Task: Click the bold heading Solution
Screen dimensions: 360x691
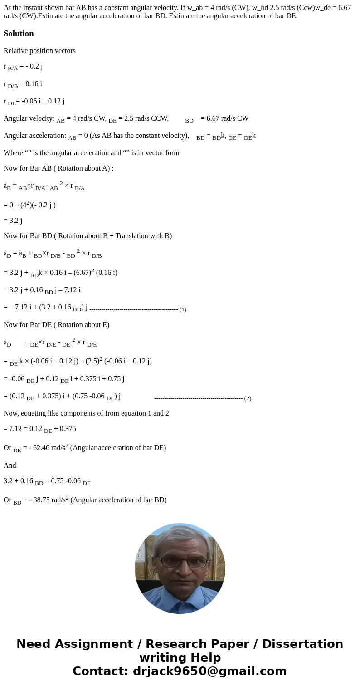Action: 19,34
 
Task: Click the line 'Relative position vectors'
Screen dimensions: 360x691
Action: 39,51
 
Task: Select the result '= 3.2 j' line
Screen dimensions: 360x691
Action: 13,221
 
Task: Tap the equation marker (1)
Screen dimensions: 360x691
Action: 183,309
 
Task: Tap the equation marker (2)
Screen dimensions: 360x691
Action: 248,398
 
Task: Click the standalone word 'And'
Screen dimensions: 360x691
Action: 10,466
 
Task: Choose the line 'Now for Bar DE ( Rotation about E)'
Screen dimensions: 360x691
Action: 56,325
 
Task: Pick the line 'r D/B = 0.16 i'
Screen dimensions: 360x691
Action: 23,84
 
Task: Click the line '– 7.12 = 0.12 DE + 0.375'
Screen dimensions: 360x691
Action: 39,429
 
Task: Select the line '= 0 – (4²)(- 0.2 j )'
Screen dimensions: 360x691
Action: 29,205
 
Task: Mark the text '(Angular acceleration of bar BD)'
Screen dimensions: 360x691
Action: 118,500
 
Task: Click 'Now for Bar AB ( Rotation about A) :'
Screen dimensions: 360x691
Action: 58,168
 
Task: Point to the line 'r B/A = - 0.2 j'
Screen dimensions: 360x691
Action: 23,67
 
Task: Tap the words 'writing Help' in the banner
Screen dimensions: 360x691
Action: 180,658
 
